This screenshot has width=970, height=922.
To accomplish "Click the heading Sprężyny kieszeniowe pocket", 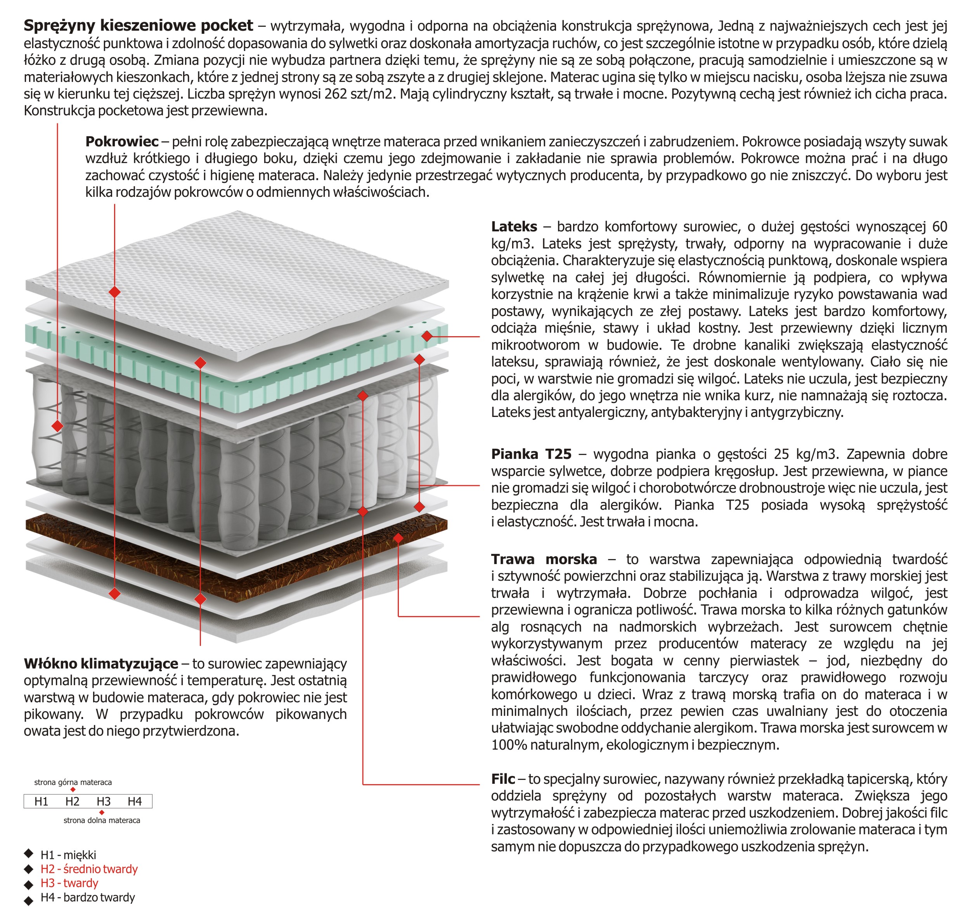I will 138,25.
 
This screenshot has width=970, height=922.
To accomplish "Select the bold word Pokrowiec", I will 122,142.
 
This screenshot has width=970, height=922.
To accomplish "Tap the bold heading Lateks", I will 514,227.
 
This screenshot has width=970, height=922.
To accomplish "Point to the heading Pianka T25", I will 531,454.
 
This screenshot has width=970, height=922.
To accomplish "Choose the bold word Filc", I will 502,779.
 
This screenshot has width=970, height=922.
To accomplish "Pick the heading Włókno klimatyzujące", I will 100,663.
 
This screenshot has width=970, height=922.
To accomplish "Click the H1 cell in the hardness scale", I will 41,802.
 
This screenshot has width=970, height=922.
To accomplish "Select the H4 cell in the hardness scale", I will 135,802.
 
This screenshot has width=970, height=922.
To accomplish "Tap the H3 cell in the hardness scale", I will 104,802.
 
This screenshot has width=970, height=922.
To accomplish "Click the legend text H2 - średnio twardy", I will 89,869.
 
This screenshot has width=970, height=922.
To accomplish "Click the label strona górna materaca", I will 73,782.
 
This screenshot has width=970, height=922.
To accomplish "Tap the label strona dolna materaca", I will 102,820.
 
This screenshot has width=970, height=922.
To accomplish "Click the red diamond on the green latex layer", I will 427,336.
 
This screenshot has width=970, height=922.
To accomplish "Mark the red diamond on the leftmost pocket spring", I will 57,425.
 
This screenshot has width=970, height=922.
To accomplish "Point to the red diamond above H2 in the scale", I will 73,790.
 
